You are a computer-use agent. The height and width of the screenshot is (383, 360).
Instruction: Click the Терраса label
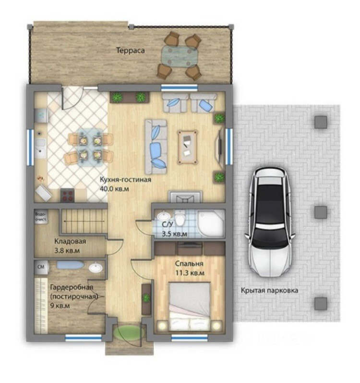(131, 50)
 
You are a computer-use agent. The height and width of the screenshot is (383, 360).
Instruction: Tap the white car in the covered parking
(270, 222)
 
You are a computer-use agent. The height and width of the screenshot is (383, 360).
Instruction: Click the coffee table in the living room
(187, 147)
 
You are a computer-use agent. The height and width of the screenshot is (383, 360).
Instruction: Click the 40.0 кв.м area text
(114, 189)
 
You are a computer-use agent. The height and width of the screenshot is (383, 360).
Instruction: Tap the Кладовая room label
(70, 241)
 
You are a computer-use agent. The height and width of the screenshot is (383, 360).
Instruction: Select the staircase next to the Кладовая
(84, 221)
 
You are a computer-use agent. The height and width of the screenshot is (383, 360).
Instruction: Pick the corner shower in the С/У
(211, 223)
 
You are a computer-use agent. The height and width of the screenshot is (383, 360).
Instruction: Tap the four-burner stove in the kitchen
(68, 196)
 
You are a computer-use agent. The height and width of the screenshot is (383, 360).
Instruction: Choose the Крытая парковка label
(269, 291)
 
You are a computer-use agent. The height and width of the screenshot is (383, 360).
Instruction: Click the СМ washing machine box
(41, 267)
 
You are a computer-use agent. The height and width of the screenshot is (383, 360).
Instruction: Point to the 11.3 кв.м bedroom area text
(190, 273)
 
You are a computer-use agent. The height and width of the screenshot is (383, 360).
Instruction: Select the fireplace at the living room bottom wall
(186, 197)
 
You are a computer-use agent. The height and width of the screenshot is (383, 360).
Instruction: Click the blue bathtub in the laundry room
(70, 265)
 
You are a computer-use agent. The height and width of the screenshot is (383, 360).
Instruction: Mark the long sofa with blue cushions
(156, 147)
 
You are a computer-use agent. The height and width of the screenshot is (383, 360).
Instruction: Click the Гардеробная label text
(72, 287)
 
